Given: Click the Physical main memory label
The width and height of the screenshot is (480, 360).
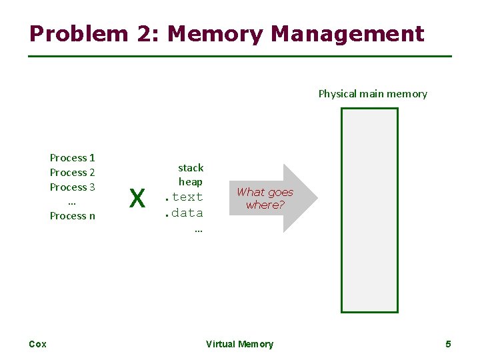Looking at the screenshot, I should (373, 94).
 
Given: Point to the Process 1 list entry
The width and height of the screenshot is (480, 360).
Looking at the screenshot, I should (73, 158).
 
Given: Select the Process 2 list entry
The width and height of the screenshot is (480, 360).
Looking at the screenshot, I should (73, 173).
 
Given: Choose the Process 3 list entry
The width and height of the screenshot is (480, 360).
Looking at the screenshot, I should (73, 187).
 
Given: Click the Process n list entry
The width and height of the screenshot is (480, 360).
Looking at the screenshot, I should (73, 216).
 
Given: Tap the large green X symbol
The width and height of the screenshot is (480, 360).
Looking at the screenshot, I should (137, 198).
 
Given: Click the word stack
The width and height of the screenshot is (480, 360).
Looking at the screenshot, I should (191, 167).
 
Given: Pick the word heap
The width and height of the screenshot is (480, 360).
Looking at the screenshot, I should (191, 181).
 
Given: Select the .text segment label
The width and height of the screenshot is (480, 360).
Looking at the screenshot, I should (183, 197).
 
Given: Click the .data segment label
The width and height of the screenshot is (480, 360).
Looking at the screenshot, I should (183, 213).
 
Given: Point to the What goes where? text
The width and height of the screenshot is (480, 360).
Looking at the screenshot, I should (265, 198).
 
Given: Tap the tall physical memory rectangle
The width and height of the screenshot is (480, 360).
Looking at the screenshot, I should (369, 210).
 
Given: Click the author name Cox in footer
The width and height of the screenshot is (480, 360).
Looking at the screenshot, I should (38, 344).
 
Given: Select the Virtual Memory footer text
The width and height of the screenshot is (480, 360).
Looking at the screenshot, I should (239, 344).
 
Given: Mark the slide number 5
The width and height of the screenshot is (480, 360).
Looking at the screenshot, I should (448, 344).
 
